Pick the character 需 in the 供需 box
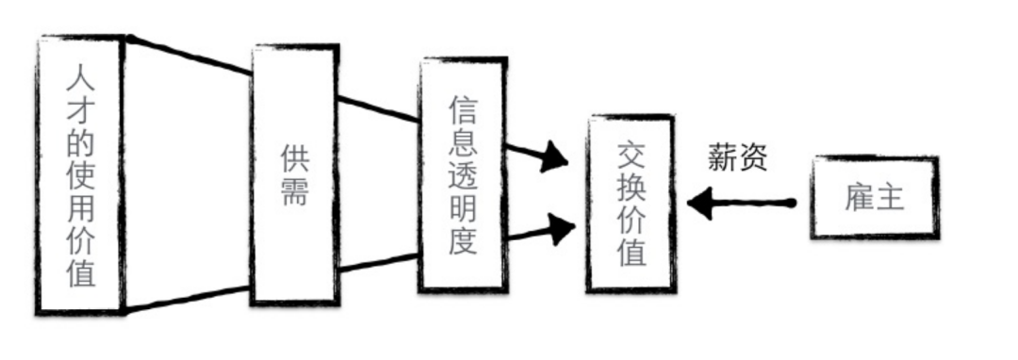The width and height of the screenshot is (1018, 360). pos(294,194)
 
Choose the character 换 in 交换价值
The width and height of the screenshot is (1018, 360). pos(630,187)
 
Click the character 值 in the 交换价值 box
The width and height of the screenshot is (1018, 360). pos(630,253)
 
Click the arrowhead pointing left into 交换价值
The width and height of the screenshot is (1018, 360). pos(699,203)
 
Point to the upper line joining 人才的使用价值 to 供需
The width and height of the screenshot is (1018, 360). pos(189,56)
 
